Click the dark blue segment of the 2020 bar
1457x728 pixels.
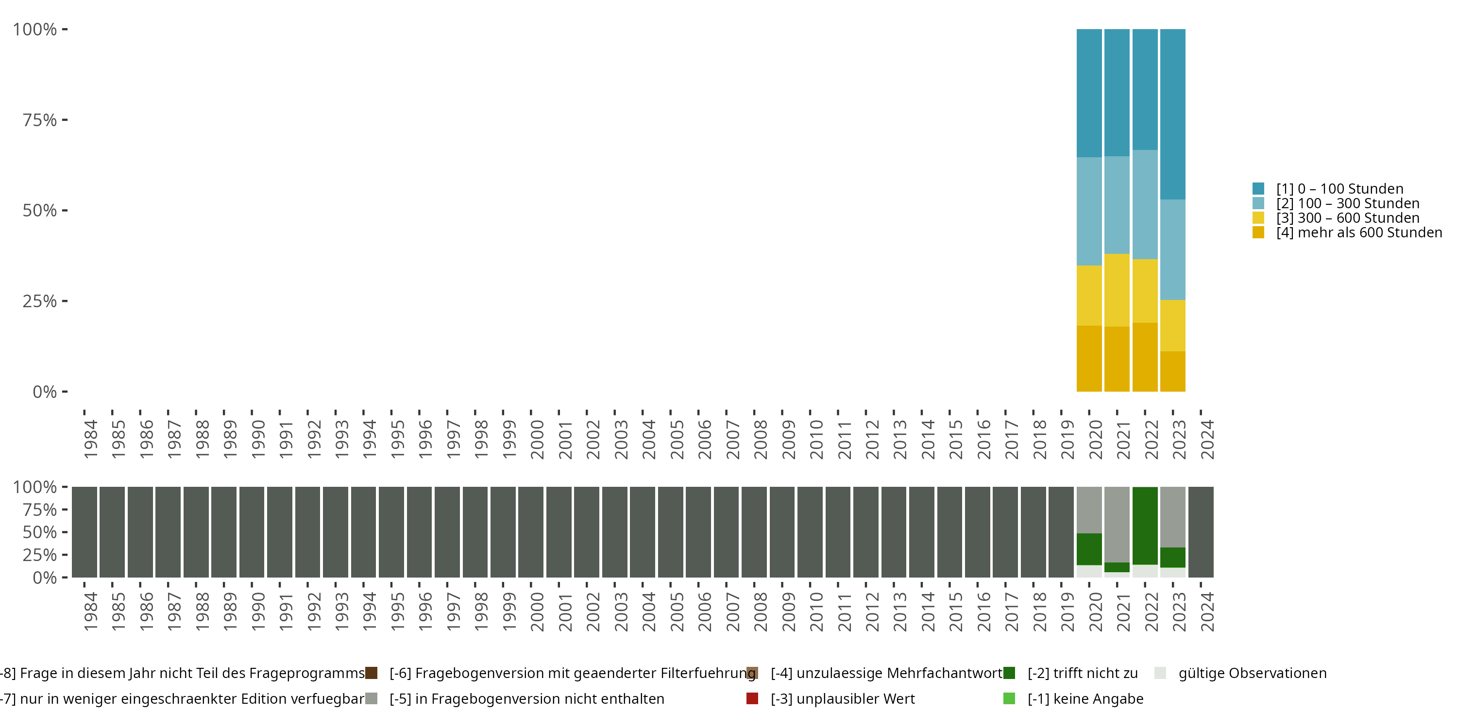pos(1089,93)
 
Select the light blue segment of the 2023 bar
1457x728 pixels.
pos(1172,249)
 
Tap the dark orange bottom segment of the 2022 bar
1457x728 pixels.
pos(1145,357)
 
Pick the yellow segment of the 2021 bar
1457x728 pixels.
pos(1117,290)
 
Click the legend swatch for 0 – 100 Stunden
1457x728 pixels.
pos(1258,189)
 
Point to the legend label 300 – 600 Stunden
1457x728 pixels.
pos(1348,218)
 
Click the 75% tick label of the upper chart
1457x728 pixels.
pos(40,120)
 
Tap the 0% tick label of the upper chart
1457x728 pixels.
pos(45,392)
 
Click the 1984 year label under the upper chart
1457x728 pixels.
pos(90,439)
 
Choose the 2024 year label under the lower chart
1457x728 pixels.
pos(1207,612)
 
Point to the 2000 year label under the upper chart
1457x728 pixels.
pos(537,439)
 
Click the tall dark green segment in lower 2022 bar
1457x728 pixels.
pos(1145,526)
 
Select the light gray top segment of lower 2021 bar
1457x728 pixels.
pos(1117,524)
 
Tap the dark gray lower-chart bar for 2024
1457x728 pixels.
pos(1201,532)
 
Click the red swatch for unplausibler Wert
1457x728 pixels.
pos(752,698)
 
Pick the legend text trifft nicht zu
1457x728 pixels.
pos(1082,673)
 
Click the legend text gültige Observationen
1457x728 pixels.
pos(1252,673)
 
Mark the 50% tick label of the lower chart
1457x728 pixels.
pos(40,532)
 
